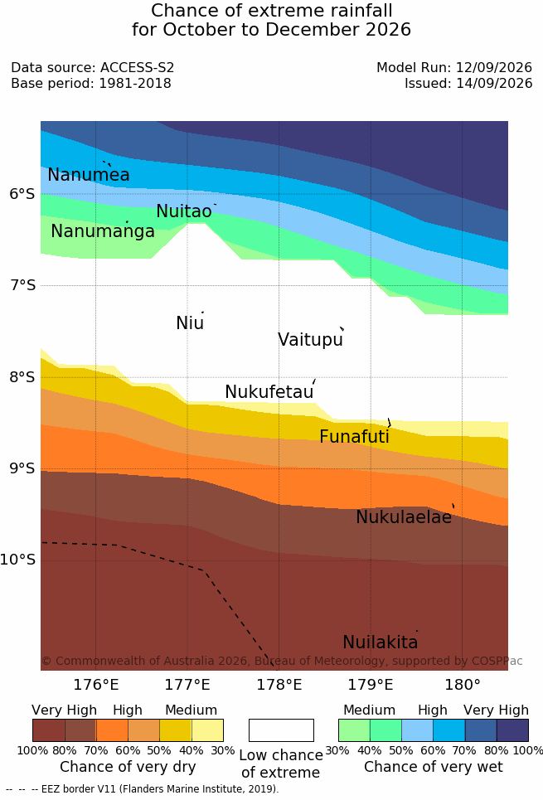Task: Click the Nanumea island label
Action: point(88,174)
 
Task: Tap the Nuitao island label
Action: point(184,211)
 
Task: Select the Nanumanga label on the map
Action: point(103,231)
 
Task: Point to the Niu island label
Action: point(190,322)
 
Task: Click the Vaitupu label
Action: point(310,339)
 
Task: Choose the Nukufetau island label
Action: point(269,391)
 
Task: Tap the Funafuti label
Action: point(354,436)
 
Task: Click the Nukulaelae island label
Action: point(404,516)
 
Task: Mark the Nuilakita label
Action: point(381,642)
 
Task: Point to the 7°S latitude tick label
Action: point(23,285)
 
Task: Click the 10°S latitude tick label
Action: point(18,560)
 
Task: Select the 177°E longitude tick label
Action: point(187,685)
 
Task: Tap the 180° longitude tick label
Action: point(463,685)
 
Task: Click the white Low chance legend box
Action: point(281,730)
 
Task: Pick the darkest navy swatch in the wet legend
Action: point(512,730)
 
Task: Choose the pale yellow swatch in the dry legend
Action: point(207,730)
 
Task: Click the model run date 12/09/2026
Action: point(494,68)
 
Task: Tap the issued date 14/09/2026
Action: point(494,83)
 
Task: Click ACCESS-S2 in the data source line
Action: point(137,68)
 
